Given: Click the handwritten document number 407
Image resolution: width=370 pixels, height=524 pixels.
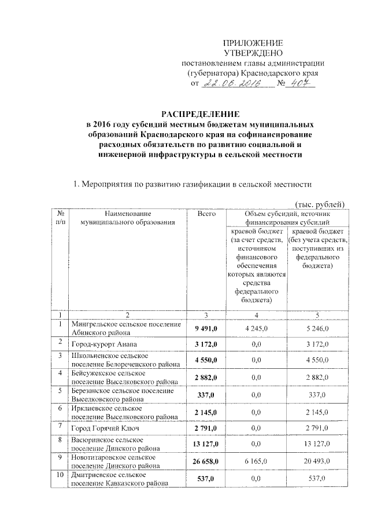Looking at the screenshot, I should point(302,83).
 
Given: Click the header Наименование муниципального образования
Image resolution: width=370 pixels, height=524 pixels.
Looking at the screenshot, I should point(127,218).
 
